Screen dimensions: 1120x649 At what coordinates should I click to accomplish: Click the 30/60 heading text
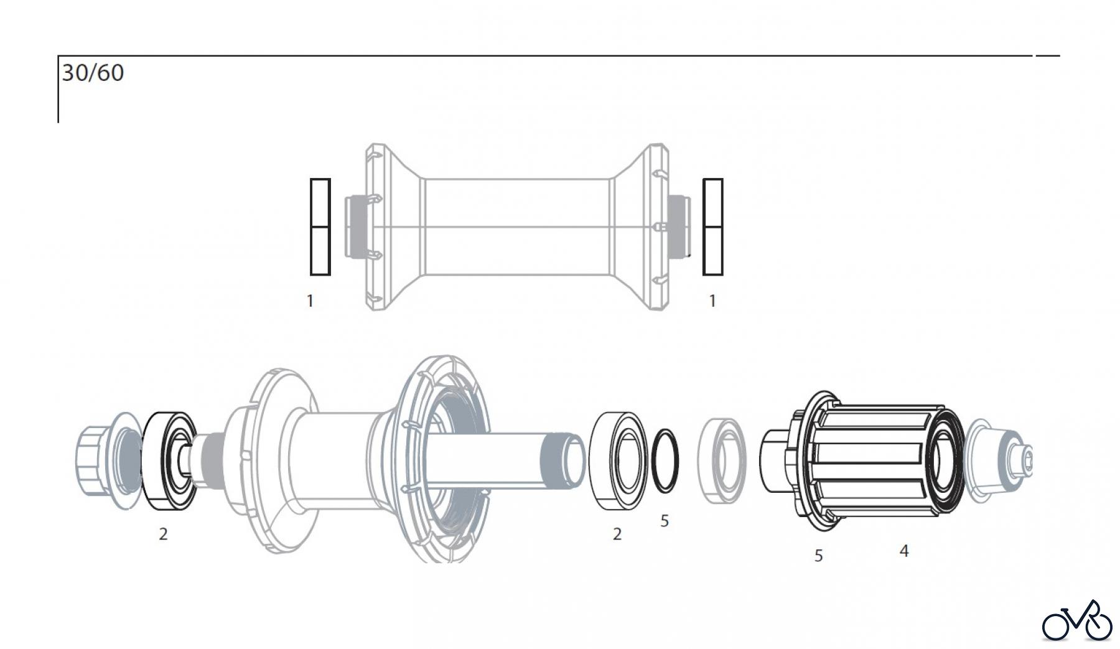[x=93, y=73]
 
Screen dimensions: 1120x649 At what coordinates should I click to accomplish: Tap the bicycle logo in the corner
[x=1077, y=621]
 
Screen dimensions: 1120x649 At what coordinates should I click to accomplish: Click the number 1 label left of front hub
[x=310, y=301]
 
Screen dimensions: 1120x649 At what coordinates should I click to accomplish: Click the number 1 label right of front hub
[x=712, y=301]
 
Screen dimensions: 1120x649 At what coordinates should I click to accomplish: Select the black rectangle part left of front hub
[x=320, y=227]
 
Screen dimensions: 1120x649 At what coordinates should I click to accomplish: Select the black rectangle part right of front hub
[x=713, y=227]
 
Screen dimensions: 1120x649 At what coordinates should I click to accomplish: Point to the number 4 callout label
[x=904, y=551]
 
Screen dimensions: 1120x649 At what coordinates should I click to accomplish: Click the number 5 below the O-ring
[x=665, y=521]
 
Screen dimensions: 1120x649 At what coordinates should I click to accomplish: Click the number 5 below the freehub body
[x=818, y=556]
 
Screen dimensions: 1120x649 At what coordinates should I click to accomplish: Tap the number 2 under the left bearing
[x=163, y=534]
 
